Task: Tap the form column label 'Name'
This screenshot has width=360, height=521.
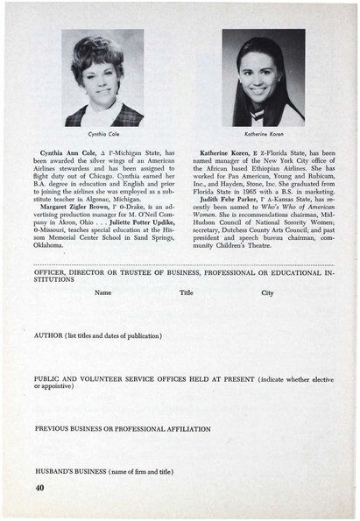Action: (102, 292)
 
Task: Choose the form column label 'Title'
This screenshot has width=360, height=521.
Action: (186, 292)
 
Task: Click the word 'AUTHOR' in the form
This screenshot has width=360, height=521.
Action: (49, 335)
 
